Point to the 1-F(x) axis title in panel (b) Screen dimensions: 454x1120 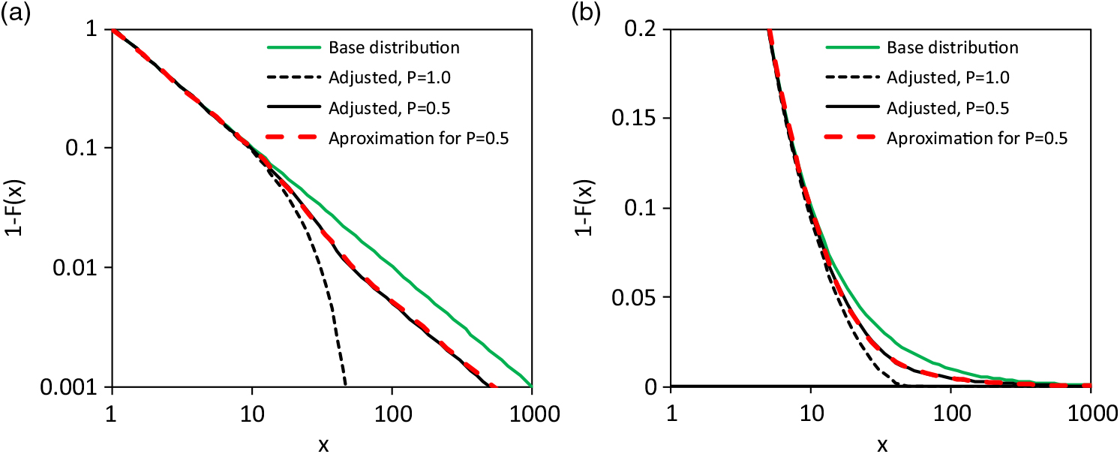[585, 208]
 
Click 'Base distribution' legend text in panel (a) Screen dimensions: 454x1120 [394, 48]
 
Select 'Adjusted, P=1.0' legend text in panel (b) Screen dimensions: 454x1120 [944, 78]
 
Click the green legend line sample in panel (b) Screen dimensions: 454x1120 [851, 48]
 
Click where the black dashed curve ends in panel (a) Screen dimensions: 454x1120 [345, 386]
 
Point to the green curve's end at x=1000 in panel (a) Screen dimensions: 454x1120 [531, 386]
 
